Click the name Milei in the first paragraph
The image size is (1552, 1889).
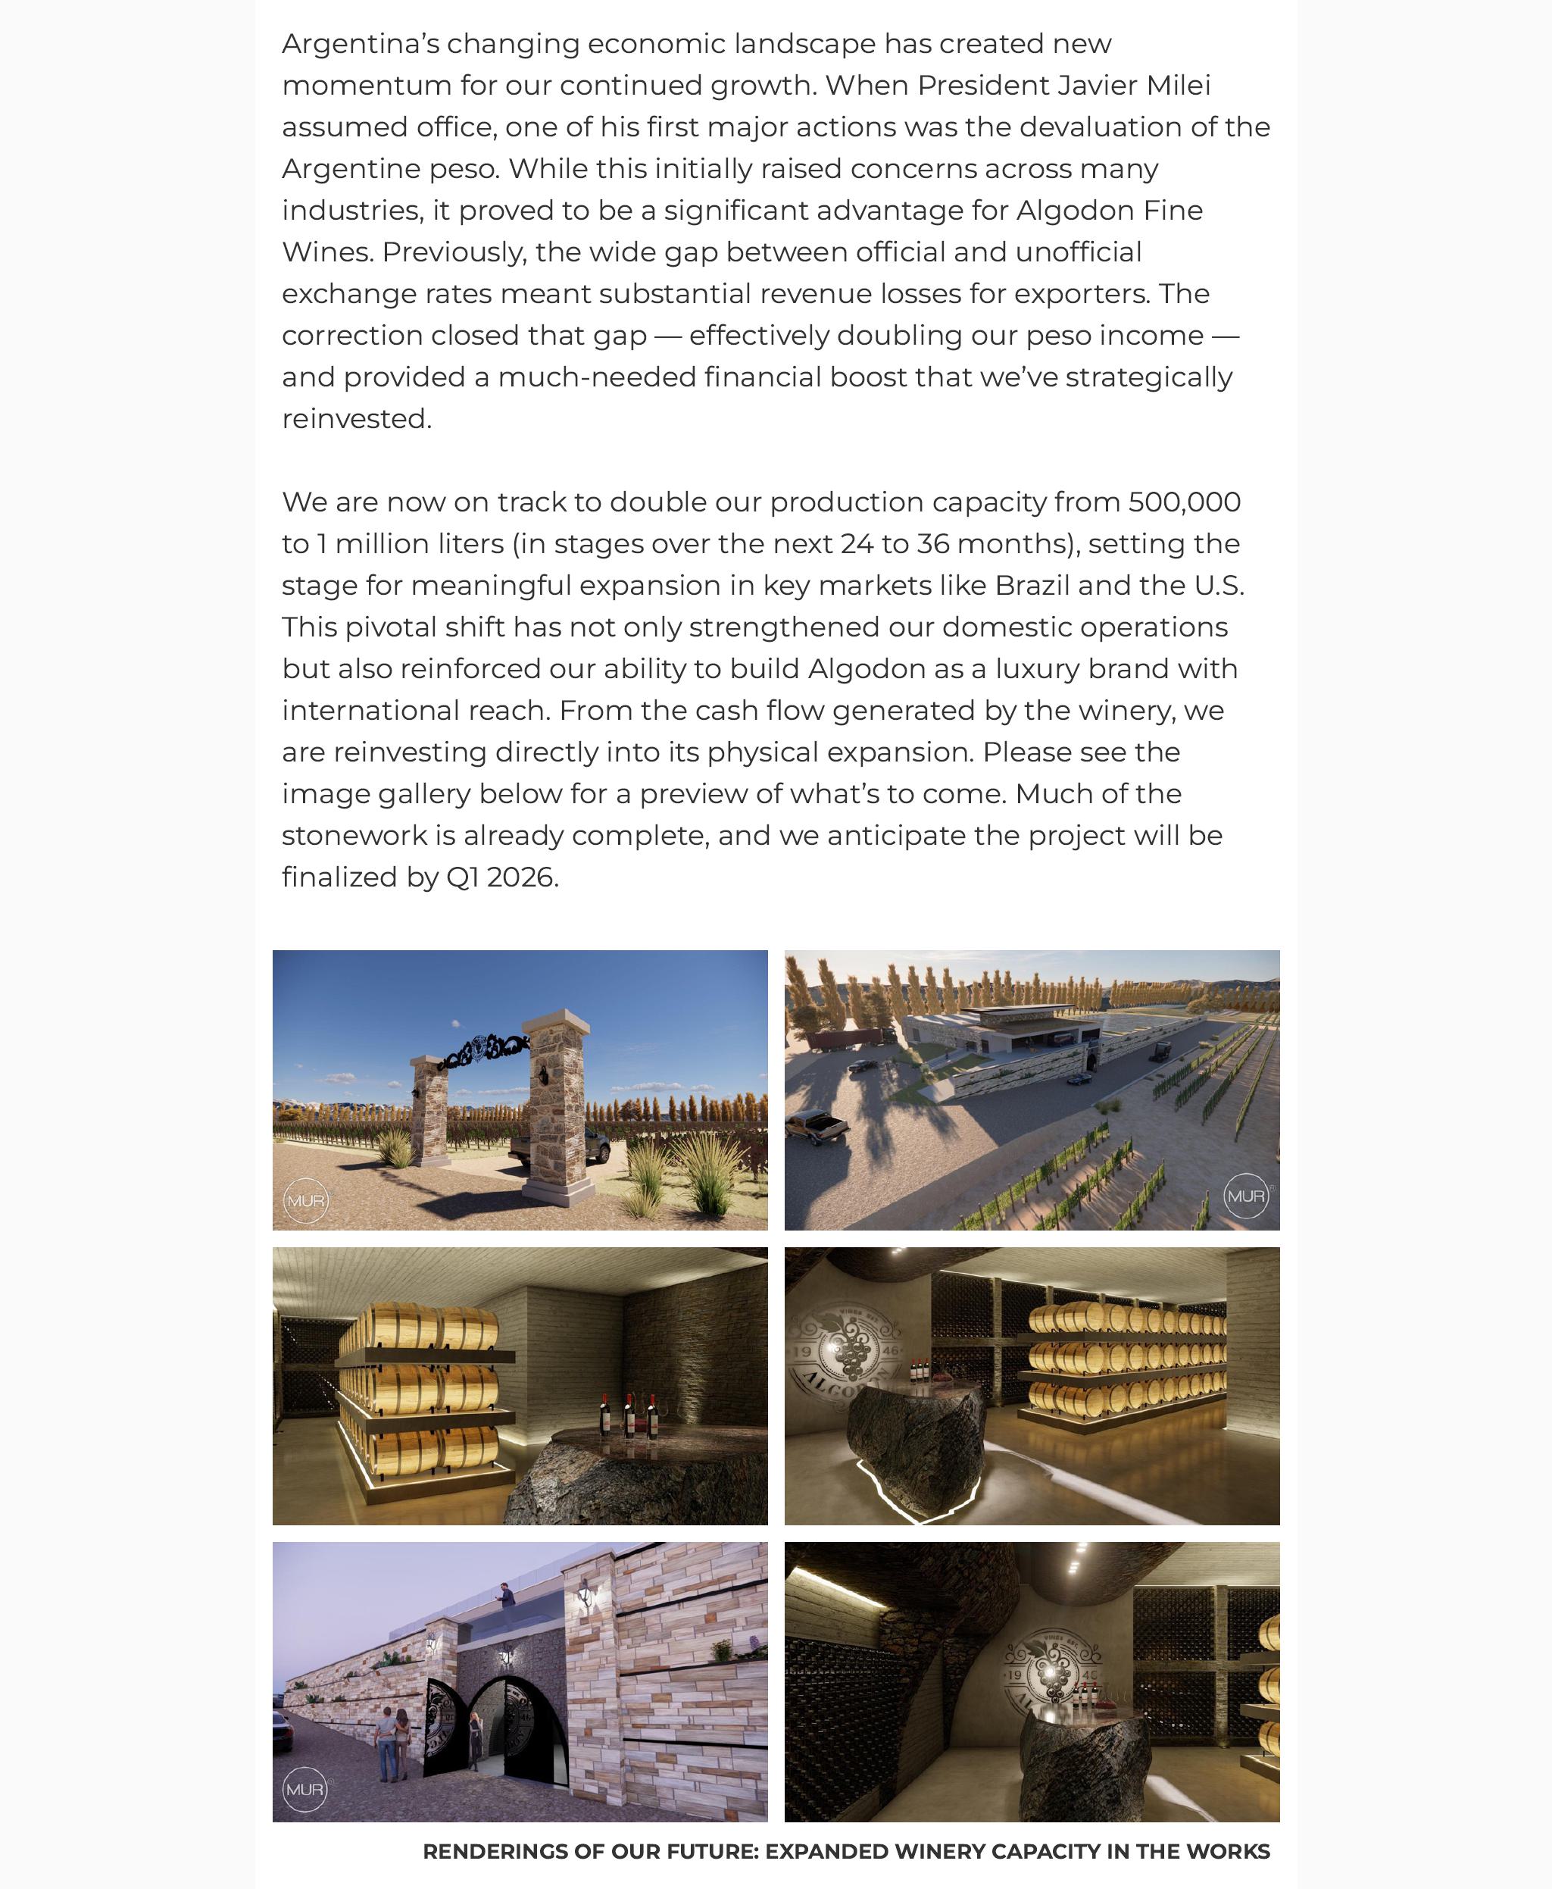(x=1177, y=86)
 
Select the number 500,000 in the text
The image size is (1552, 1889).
(x=1184, y=502)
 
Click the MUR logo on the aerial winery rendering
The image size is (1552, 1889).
(x=1245, y=1196)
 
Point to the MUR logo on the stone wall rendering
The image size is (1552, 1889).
(x=304, y=1790)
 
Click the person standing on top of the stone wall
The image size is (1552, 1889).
(x=507, y=1597)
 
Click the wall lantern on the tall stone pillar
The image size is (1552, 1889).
(x=586, y=1592)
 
